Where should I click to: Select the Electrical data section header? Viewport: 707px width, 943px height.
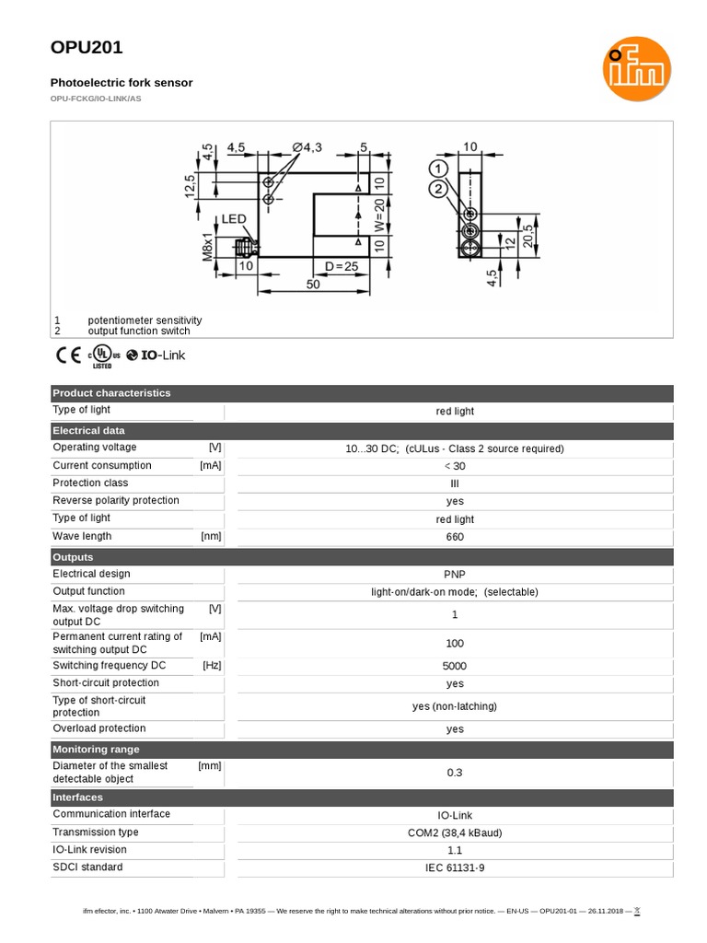89,430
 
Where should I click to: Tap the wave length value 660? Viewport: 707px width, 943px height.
455,537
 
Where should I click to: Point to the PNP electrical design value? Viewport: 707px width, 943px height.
455,575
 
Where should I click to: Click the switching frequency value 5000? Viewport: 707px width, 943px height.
455,666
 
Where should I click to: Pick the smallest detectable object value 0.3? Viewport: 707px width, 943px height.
455,773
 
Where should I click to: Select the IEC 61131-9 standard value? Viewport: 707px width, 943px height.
455,868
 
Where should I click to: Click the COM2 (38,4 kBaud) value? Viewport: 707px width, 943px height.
455,832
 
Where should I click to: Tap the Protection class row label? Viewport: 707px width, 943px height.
90,483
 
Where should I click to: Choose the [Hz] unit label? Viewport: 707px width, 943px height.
212,665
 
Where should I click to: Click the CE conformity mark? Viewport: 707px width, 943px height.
68,355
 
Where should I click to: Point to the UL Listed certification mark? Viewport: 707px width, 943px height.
103,356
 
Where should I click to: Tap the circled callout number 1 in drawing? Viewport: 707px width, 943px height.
438,169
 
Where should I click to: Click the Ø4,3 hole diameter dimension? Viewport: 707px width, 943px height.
309,147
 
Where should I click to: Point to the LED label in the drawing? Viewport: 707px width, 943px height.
234,219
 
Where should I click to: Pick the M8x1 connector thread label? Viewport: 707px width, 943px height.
208,247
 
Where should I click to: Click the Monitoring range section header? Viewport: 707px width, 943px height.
97,750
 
